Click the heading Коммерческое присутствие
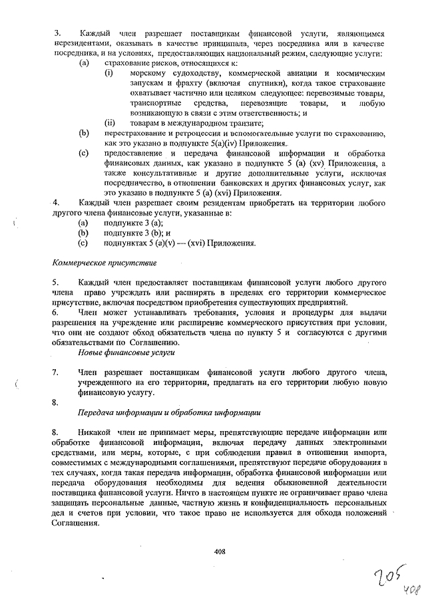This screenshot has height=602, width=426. [100, 263]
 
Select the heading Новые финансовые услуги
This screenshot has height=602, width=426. [126, 351]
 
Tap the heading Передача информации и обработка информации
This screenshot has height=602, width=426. [169, 412]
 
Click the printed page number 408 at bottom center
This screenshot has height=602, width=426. [220, 550]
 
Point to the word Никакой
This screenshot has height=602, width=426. [94, 433]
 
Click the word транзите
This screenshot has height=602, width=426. [244, 122]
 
